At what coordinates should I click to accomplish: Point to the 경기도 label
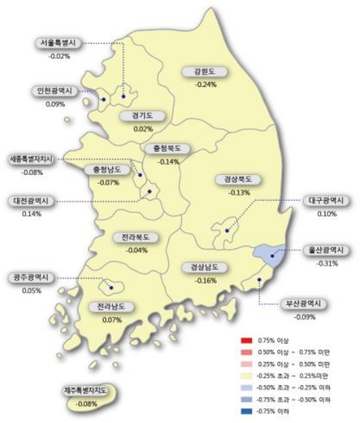(x=143, y=117)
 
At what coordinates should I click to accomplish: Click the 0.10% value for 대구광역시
(x=327, y=214)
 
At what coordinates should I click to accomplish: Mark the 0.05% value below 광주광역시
(x=31, y=290)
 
